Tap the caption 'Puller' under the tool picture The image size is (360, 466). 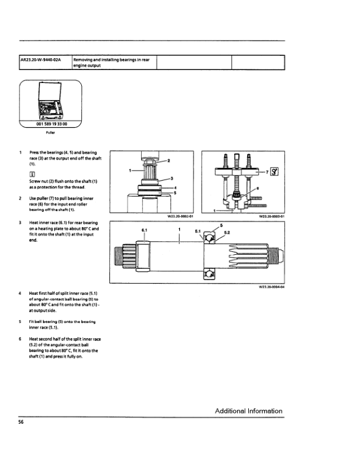point(51,133)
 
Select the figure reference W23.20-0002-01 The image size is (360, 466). point(180,216)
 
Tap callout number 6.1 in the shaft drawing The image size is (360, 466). point(144,230)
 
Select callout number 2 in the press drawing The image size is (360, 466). point(169,160)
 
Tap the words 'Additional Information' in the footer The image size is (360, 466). point(248,411)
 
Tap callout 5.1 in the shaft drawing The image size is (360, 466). point(198,231)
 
